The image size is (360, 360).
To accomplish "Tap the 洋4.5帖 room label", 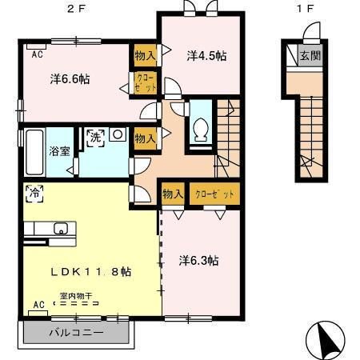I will pyautogui.click(x=206, y=55).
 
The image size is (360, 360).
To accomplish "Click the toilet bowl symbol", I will pyautogui.click(x=201, y=127).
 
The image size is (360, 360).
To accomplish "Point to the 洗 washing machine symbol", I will pyautogui.click(x=95, y=136).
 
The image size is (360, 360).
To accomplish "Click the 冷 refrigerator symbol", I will pyautogui.click(x=34, y=192).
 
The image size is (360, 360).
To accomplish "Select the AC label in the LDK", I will pyautogui.click(x=38, y=305).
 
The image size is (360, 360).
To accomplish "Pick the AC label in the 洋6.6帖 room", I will pyautogui.click(x=38, y=54).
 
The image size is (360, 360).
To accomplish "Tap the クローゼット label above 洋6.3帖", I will pyautogui.click(x=212, y=194).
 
